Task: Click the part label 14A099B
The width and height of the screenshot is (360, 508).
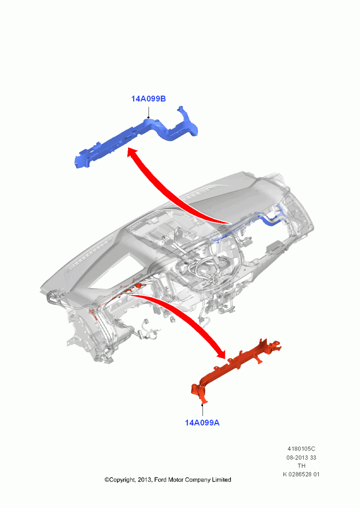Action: tap(148, 99)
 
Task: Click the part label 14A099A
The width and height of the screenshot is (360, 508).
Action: tap(202, 423)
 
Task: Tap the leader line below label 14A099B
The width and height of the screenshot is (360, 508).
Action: tap(148, 111)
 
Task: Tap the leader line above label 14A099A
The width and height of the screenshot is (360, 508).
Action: tap(202, 410)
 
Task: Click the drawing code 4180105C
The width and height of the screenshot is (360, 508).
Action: tap(302, 449)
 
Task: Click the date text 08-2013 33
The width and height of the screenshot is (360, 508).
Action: tap(302, 458)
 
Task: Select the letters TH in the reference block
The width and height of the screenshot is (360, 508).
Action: tap(302, 466)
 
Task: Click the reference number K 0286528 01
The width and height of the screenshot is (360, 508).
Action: tap(302, 474)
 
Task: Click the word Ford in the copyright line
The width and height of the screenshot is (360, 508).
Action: tap(160, 480)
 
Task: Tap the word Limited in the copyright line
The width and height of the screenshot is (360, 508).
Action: tap(222, 480)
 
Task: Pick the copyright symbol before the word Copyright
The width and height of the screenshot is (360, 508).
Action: tap(107, 480)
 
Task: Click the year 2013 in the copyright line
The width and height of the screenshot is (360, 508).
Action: tap(144, 480)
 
